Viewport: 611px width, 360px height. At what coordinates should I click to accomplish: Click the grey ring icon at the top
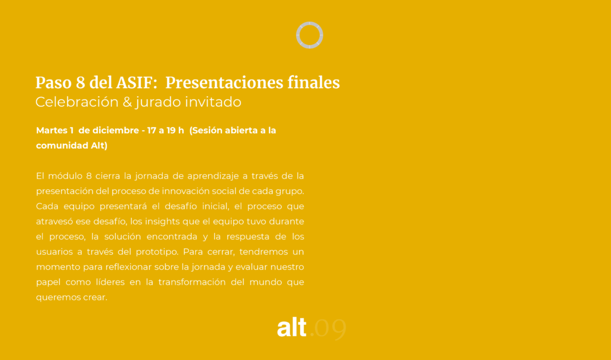[310, 23]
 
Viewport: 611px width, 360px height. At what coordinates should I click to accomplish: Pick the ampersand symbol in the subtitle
[128, 102]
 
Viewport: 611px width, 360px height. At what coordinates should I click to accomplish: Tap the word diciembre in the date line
[116, 130]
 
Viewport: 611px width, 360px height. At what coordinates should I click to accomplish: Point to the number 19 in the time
[171, 130]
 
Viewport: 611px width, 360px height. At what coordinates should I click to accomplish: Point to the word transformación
[192, 282]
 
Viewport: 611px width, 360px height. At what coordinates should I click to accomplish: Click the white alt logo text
[291, 327]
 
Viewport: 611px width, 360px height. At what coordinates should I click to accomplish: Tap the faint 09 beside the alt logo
[331, 328]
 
